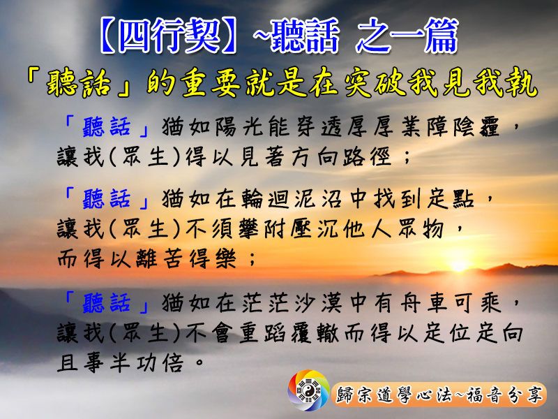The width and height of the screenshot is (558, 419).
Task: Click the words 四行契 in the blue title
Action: tap(169, 36)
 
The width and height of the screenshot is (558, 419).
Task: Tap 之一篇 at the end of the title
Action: tap(407, 36)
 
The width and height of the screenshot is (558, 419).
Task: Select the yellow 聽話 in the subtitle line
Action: tap(79, 83)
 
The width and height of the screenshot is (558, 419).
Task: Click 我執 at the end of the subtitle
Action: tap(505, 83)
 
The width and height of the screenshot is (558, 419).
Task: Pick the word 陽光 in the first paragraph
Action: tap(239, 126)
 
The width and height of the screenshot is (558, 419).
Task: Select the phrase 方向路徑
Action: tap(342, 156)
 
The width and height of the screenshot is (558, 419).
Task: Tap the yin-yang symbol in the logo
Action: tap(308, 390)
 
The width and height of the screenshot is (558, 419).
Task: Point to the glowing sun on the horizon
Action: tap(459, 265)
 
